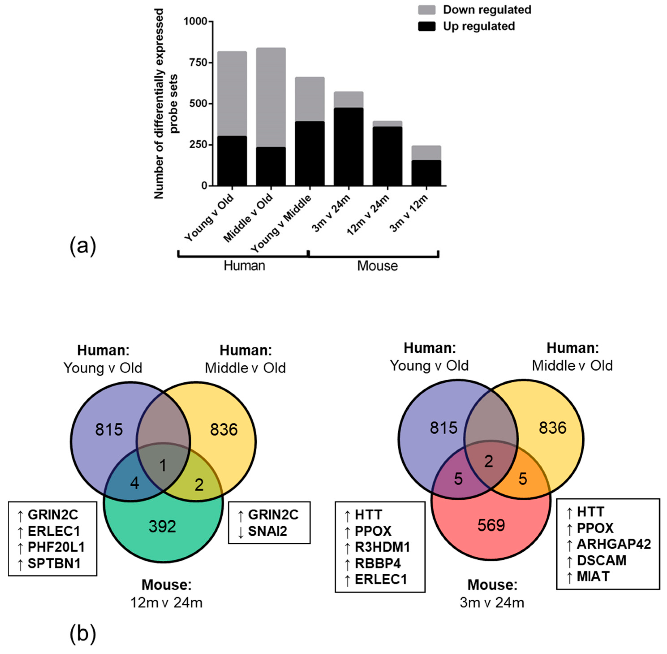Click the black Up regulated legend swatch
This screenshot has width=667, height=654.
tap(427, 26)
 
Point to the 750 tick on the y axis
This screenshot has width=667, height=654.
tap(199, 62)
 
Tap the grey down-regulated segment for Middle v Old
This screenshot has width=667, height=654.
tap(271, 98)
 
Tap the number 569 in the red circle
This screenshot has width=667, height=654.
tap(491, 525)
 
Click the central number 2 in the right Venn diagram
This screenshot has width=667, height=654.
tap(488, 461)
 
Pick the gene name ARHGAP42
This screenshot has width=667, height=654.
tap(613, 544)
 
